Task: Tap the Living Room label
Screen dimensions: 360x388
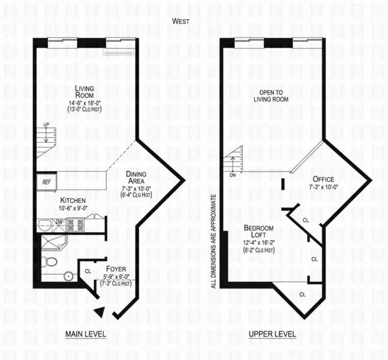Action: (x=85, y=92)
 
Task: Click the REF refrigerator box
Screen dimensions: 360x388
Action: (x=46, y=181)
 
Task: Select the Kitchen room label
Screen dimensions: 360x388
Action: (x=72, y=200)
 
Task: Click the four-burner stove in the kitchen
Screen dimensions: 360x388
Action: (x=75, y=226)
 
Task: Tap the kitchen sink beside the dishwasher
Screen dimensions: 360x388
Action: (x=44, y=226)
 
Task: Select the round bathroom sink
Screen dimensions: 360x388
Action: (x=68, y=277)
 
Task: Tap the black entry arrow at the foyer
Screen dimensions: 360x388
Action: (x=101, y=311)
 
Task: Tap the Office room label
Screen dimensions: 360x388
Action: (x=324, y=179)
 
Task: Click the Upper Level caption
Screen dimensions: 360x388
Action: (x=276, y=334)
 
